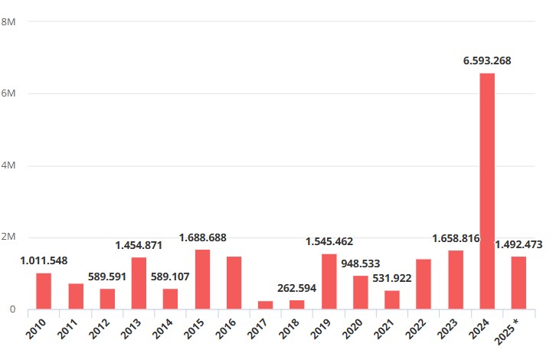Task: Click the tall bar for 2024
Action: coord(487,191)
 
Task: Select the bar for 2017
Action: coord(265,305)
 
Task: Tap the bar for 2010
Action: coord(44,291)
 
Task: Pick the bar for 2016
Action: coord(234,283)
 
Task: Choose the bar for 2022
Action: coord(424,284)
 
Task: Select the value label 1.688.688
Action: coord(202,237)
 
